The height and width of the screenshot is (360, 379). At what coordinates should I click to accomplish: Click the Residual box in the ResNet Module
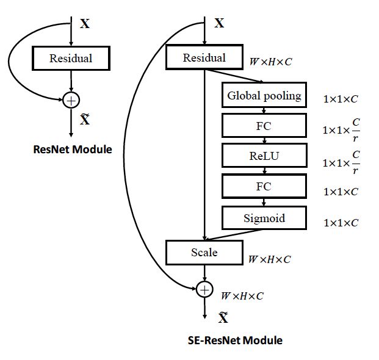coord(71,59)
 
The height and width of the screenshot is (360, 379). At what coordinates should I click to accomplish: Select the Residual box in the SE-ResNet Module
coord(204,58)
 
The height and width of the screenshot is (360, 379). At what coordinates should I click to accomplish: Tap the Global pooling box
coord(264,96)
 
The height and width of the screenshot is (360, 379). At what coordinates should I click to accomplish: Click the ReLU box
coord(264,156)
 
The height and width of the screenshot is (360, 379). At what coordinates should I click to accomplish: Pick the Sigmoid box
coord(264,218)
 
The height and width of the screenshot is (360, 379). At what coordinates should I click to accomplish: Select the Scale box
coord(204,252)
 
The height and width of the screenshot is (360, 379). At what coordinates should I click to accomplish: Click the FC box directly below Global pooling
coord(264,126)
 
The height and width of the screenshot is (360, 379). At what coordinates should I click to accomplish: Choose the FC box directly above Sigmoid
coord(264,187)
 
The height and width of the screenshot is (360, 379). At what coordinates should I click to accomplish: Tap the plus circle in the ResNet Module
coord(71,98)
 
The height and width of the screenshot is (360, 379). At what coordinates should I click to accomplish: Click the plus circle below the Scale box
coord(204,289)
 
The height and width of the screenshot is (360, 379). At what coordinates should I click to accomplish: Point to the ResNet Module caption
coord(72,149)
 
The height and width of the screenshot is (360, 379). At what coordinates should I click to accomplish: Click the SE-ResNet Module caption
coord(235,340)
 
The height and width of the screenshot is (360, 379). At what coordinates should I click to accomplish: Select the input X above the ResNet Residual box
coord(85,24)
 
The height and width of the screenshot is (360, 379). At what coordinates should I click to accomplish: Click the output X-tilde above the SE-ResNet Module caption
coord(223,317)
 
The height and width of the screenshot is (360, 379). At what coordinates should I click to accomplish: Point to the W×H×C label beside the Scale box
coord(269,259)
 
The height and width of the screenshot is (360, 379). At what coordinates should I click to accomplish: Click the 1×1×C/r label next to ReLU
coord(341,162)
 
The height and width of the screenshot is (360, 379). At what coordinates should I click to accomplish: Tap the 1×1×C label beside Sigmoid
coord(341,223)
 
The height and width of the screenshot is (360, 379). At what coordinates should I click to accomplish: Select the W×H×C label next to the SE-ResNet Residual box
coord(270,62)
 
